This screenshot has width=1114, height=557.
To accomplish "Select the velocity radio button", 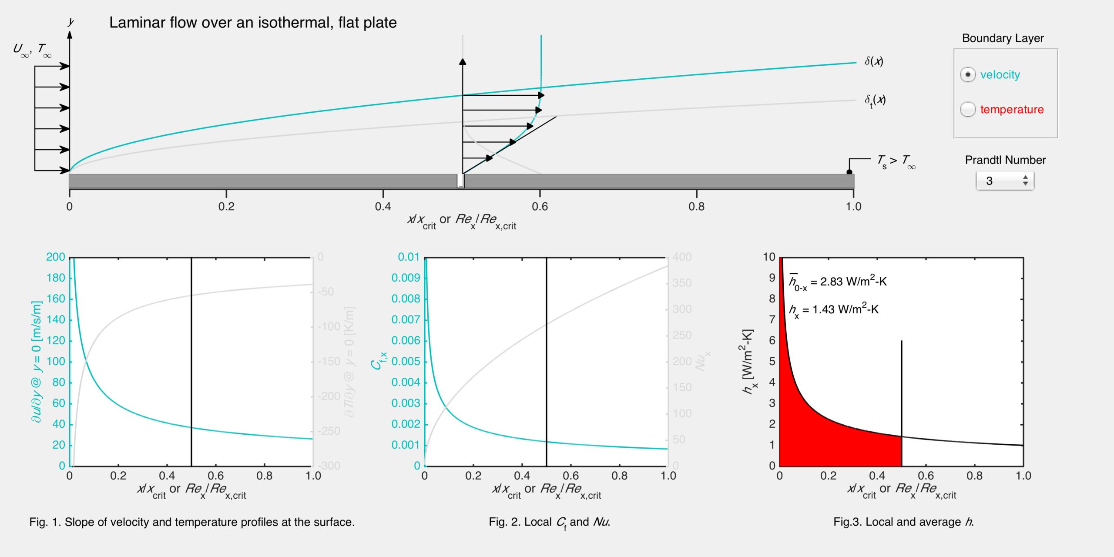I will tap(967, 75).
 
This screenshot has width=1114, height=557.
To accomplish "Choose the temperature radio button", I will tap(967, 109).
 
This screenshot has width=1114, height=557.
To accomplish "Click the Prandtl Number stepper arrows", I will tap(1025, 181).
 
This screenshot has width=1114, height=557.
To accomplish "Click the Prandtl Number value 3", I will tap(990, 181).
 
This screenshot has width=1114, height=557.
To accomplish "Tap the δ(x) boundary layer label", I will tap(874, 61).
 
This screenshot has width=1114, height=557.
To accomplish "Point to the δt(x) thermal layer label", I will tap(875, 101).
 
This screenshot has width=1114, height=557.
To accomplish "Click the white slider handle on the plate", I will tap(460, 181).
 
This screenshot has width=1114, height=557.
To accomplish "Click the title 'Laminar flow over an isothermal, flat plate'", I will tap(253, 23).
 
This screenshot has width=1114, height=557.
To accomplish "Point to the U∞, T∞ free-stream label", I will tap(32, 50).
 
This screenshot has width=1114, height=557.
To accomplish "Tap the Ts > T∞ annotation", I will tap(896, 161).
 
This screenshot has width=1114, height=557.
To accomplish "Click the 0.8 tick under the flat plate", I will tap(696, 206).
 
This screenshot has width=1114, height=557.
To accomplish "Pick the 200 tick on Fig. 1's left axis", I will tap(56, 257).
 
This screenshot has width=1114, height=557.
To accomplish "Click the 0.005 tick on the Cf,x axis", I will tap(406, 362).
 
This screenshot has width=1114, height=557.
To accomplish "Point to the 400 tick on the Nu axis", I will tap(682, 257).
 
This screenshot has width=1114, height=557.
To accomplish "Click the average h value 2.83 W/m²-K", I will tap(838, 282).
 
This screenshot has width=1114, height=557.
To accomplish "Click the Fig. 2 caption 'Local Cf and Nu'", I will tap(549, 522).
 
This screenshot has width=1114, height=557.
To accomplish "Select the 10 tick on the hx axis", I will tap(769, 257).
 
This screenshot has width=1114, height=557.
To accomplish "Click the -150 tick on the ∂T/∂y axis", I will tap(329, 362).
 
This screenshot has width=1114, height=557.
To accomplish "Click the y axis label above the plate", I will tap(71, 22).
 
